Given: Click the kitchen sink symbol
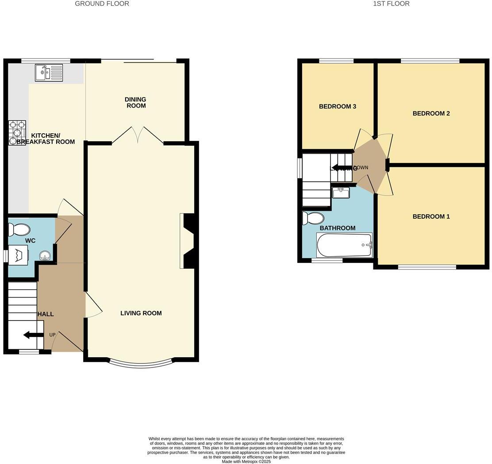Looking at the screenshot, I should click(x=49, y=73).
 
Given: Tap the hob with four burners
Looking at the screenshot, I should click(x=17, y=133).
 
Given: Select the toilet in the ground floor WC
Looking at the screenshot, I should click(x=19, y=229).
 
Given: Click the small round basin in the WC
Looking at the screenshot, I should click(x=45, y=256).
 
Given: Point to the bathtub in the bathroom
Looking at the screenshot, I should click(x=344, y=245).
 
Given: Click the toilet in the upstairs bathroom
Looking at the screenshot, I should click(x=313, y=218).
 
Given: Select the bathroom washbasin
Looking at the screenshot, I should click(x=341, y=193).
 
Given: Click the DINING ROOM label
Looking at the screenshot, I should click(x=135, y=103).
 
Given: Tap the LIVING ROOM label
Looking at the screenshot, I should click(x=141, y=313).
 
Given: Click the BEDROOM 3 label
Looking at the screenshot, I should click(x=338, y=106).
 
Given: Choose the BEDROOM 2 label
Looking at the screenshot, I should click(x=431, y=113).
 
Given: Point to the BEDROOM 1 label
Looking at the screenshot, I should click(x=431, y=217).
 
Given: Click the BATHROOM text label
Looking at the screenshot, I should click(x=338, y=228).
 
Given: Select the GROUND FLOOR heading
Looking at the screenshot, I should click(x=102, y=4).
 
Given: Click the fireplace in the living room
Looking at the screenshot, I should click(x=188, y=241).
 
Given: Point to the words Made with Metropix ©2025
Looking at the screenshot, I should click(x=246, y=461).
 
